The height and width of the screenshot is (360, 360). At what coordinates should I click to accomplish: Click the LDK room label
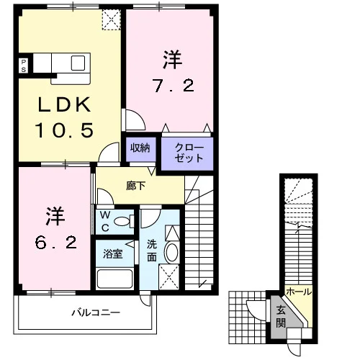coord(65,104)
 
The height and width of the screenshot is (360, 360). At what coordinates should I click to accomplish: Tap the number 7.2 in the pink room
coord(174,86)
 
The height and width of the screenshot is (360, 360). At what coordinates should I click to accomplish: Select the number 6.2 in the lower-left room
coord(56,243)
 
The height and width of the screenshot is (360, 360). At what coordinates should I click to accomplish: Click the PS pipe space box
coord(24,66)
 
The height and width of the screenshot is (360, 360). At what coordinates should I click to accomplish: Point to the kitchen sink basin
coord(78,63)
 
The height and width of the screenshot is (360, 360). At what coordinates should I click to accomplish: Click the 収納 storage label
coord(140,148)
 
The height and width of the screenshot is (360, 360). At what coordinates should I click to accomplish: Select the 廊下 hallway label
coord(136,186)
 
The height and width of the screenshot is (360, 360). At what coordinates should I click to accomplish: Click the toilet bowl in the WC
coord(122,221)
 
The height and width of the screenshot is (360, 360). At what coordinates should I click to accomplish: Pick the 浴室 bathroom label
coord(113,254)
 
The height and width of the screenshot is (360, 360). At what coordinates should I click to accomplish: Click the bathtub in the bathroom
coord(114,279)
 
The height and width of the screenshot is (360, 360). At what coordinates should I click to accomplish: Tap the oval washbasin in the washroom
coord(172,253)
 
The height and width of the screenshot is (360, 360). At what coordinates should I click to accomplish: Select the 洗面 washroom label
coord(152,251)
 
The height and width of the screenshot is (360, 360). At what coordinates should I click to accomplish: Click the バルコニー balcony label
coord(96,312)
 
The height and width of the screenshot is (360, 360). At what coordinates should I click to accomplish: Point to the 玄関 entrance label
coord(281,317)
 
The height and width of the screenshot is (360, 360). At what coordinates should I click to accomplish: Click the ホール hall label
coord(299,292)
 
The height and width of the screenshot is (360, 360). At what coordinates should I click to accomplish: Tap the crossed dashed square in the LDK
coord(112,19)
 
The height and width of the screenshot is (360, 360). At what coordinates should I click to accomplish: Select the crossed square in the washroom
coord(169,277)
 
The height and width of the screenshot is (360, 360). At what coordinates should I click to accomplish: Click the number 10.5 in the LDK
coord(64,130)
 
